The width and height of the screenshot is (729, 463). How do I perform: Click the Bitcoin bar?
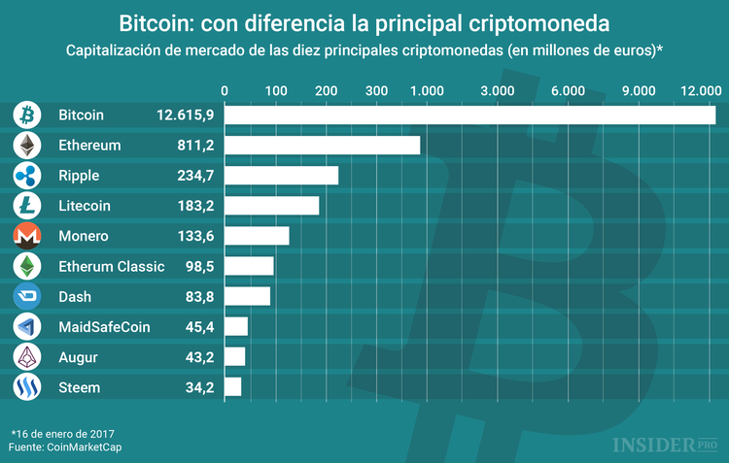pos(470,115)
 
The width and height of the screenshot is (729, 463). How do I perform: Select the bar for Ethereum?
pos(323,145)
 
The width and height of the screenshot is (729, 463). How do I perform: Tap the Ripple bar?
pos(282,175)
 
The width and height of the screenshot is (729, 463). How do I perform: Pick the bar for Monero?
pos(258,236)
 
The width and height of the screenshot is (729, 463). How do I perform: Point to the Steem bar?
pos(233,386)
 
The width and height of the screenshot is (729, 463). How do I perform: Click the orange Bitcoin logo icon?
pos(27,115)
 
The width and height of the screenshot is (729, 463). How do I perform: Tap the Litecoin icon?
pos(27,205)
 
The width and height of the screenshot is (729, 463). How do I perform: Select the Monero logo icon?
pos(27,236)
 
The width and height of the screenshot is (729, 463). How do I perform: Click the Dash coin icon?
pos(27,296)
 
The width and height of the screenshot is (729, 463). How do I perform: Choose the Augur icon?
pos(27,356)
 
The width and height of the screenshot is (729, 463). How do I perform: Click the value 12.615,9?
pos(185,115)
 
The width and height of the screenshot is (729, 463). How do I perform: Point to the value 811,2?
pos(195,145)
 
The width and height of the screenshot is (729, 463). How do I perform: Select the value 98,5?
pos(198,266)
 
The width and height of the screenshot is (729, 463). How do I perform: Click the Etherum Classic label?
pos(112,266)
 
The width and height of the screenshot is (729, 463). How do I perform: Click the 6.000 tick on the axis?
pos(568,90)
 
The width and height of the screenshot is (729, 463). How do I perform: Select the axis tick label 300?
pos(376,90)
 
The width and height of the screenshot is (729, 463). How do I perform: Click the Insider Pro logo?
pos(664,445)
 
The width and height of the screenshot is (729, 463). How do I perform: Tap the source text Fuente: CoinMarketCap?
pos(67,446)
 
